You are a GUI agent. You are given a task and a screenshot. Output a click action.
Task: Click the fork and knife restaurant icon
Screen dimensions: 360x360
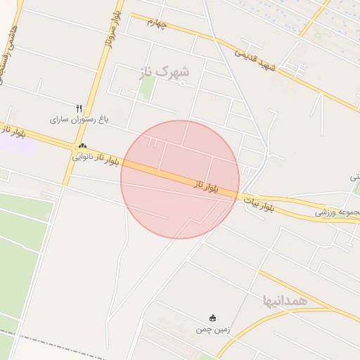pos(79,108)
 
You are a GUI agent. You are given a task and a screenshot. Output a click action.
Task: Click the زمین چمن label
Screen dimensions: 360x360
pos(213,329)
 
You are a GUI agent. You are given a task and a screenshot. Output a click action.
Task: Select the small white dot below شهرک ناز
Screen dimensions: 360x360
pos(183,84)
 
